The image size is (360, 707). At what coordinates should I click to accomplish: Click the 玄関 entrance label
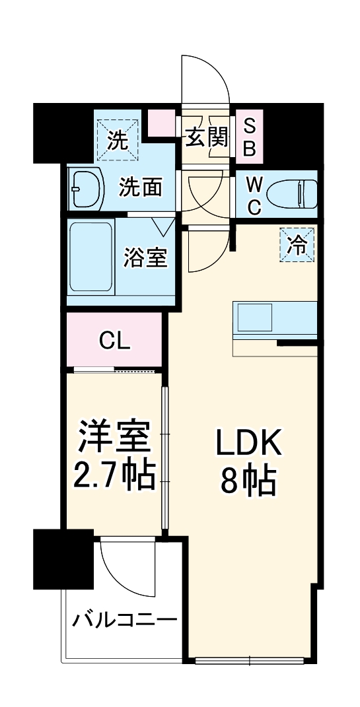pos(206,137)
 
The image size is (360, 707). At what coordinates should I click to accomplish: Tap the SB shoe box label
pos(249,137)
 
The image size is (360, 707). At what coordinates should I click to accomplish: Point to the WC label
pos(254,195)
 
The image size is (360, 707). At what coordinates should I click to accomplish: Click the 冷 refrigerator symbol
pos(297,246)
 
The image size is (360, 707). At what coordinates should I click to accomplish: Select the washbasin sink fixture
pos(86,189)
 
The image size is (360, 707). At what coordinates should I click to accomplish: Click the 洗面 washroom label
pos(140,187)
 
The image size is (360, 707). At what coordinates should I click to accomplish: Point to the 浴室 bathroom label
pos(145,257)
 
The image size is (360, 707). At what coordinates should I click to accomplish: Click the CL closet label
pos(115,341)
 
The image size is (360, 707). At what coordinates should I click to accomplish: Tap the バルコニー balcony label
pos(124,621)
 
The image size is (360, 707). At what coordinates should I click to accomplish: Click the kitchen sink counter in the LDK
pos(273,317)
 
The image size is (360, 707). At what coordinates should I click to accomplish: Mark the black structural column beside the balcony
pos(63,558)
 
